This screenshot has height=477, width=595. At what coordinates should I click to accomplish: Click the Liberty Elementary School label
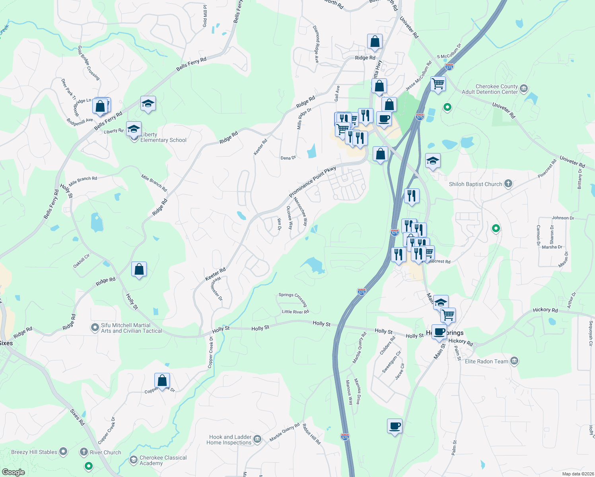[163, 138]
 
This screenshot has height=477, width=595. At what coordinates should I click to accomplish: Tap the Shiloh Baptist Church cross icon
[508, 184]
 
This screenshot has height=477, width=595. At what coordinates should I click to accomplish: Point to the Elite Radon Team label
[486, 361]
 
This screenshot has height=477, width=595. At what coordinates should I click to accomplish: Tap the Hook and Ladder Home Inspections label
[229, 440]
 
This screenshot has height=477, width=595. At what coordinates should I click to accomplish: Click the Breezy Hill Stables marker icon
[63, 452]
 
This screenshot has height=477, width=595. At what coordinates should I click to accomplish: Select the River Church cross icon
[84, 452]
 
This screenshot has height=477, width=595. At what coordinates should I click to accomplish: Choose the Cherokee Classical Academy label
[163, 460]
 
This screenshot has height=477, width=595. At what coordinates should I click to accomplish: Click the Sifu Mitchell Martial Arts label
[131, 328]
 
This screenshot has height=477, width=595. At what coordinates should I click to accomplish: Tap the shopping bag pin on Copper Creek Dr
[162, 380]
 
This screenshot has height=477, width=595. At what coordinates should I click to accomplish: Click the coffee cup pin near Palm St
[395, 426]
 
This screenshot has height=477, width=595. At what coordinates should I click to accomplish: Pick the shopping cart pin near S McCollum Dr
[438, 84]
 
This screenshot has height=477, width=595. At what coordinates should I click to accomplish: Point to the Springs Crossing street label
[293, 299]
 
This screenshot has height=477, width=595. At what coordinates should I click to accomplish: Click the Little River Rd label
[295, 312]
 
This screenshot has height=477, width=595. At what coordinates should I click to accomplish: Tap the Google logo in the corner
[14, 472]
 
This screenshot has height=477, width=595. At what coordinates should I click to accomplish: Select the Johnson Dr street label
[563, 218]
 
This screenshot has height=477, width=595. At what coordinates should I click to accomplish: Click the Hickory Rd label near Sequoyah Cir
[545, 310]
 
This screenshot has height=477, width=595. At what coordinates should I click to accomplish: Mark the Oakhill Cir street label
[82, 261]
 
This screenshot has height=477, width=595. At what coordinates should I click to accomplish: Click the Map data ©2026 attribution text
[578, 474]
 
